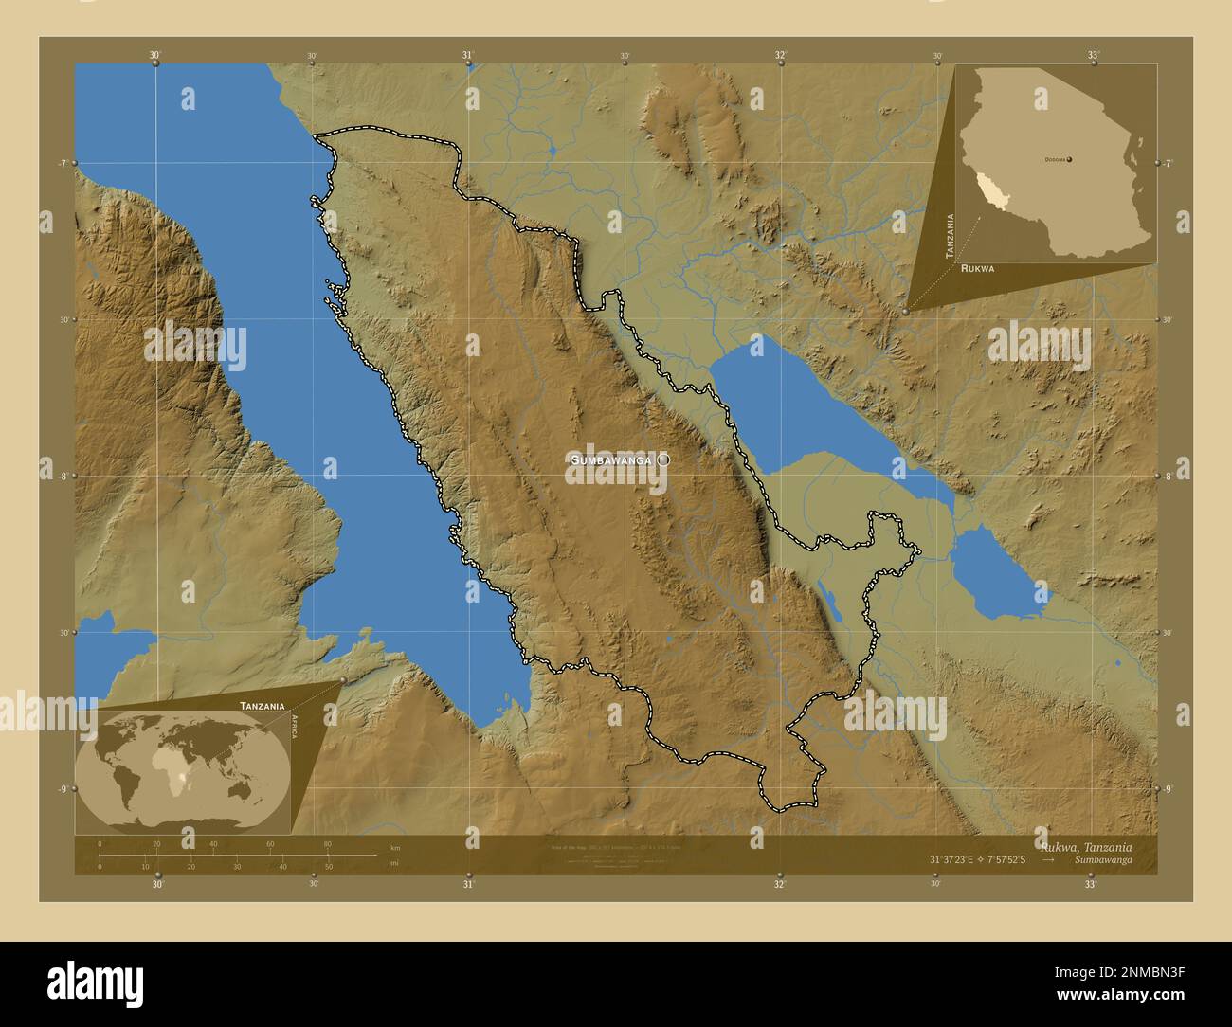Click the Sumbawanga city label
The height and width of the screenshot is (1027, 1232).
(610, 459)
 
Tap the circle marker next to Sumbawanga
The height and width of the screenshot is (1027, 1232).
(663, 459)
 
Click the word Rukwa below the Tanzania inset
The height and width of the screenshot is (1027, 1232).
(977, 269)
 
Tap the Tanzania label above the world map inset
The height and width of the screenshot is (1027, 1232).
(262, 706)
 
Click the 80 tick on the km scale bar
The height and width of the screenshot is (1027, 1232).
(328, 844)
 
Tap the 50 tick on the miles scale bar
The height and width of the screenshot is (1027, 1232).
(328, 866)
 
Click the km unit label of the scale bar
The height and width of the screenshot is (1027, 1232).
(394, 846)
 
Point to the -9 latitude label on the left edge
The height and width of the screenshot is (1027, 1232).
(63, 788)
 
